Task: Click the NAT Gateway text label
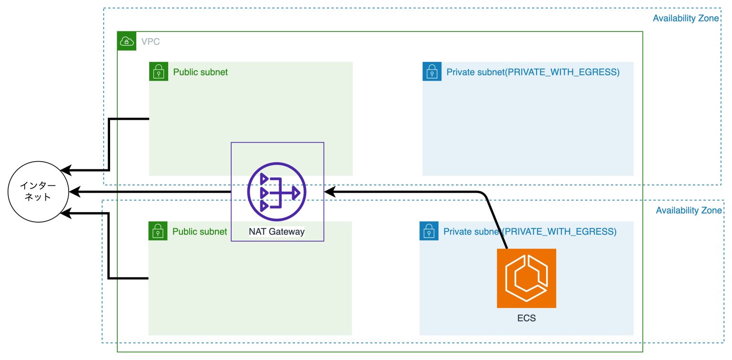(x=276, y=232)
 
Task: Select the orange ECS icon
(x=526, y=278)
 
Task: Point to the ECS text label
(x=526, y=318)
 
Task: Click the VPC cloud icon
(x=126, y=41)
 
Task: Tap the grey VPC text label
(x=150, y=42)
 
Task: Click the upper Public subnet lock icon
(x=158, y=72)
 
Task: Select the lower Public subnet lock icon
(x=157, y=231)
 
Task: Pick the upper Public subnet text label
(x=200, y=72)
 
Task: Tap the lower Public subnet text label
(x=200, y=232)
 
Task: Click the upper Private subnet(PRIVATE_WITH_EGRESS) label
(x=533, y=72)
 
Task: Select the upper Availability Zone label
(x=685, y=19)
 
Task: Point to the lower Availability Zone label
(x=689, y=210)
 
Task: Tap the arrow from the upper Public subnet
(x=110, y=143)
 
